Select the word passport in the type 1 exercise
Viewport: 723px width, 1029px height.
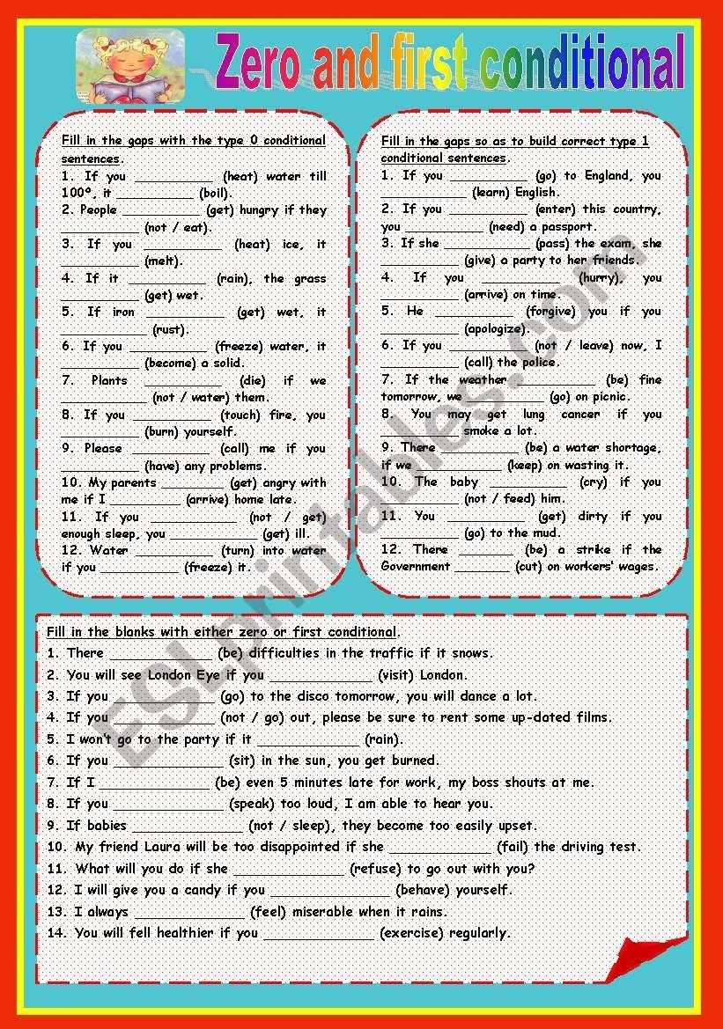568,226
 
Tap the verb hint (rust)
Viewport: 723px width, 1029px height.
170,329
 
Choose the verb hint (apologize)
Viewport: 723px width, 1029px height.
497,328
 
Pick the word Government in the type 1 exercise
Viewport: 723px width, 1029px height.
416,566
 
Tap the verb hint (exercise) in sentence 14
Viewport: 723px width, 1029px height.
410,932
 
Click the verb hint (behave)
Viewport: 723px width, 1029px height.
427,889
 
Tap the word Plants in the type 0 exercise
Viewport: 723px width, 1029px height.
109,380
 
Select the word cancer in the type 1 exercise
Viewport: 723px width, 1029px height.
580,414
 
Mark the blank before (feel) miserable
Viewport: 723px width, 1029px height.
189,913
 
